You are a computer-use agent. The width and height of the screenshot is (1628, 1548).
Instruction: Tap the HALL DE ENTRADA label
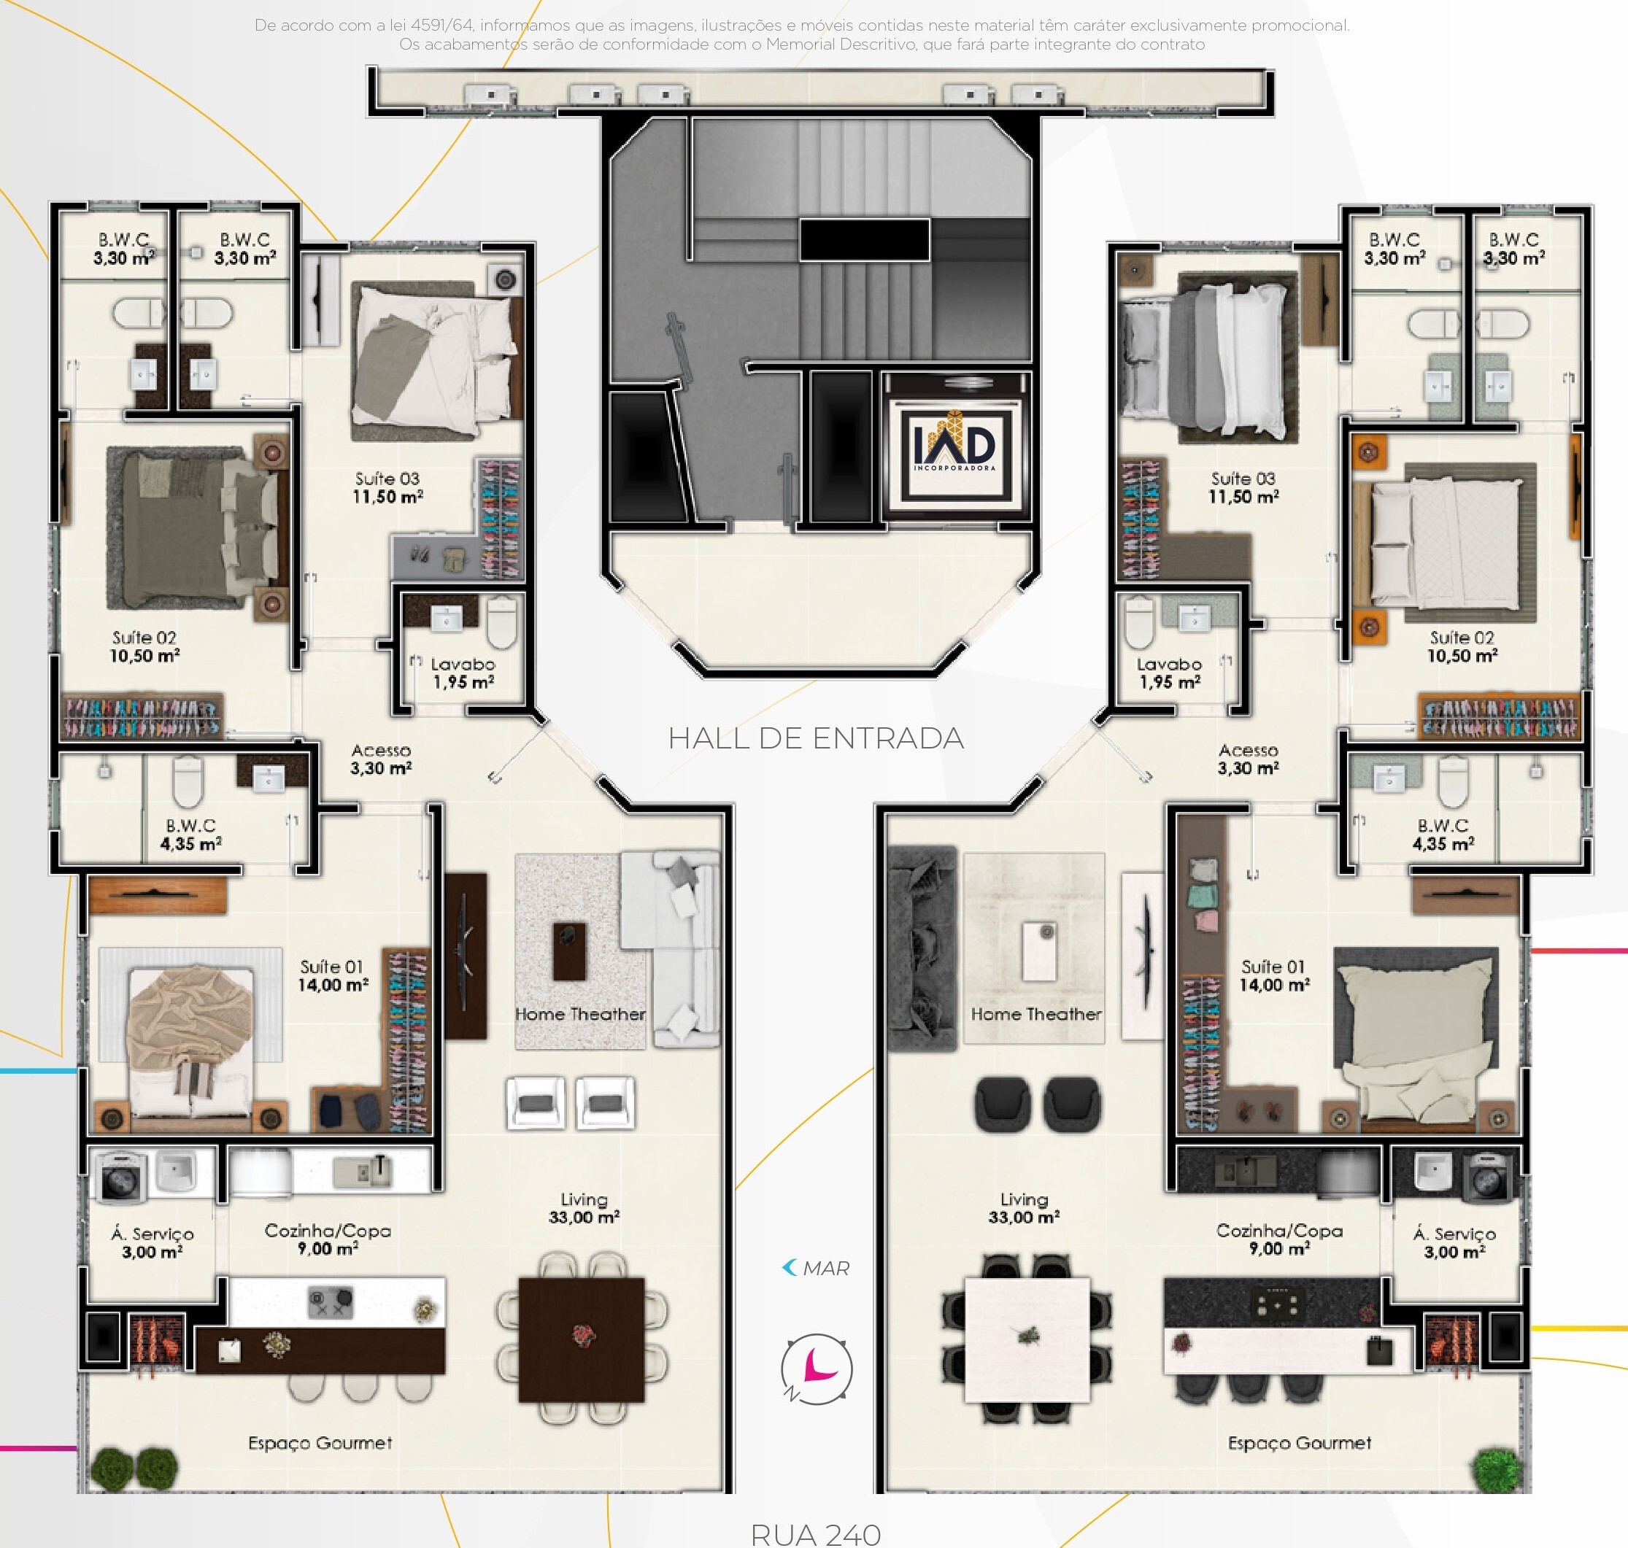(816, 738)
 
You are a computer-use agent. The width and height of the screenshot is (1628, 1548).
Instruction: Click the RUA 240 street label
(816, 1534)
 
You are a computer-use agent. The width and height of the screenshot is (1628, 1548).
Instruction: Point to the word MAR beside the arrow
(825, 1269)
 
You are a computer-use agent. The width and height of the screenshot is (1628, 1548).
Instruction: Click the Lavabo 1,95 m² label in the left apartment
(463, 673)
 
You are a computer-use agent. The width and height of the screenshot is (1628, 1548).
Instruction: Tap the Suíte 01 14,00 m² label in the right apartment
(1274, 975)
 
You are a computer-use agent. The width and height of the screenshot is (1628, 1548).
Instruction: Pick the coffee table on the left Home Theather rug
(568, 951)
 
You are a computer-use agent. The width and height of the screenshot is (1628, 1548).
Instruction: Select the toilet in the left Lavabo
(501, 623)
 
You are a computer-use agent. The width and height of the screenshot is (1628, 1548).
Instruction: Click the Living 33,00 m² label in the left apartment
(584, 1208)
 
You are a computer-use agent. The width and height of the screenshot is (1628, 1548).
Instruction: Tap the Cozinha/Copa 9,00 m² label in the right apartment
(1278, 1239)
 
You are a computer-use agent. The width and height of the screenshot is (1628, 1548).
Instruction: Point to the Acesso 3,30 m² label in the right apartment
(1249, 759)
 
